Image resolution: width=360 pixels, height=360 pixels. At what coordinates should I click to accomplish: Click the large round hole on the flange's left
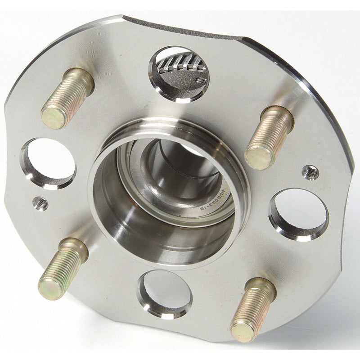point(49,162)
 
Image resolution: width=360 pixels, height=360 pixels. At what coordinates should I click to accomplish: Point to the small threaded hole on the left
point(40,204)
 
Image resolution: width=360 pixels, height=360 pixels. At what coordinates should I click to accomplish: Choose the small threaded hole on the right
point(310,172)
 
